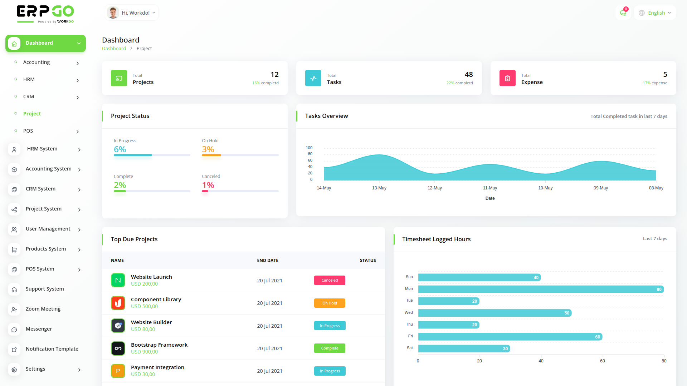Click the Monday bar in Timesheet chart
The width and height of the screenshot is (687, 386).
[540, 289]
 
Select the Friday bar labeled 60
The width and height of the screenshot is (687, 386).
[510, 337]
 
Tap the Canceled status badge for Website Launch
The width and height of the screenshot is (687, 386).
[330, 281]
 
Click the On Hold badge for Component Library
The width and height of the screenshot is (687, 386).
[330, 303]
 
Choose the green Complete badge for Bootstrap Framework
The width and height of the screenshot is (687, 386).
[330, 348]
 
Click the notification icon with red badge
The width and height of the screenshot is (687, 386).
[623, 13]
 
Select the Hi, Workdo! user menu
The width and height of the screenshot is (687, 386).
[132, 13]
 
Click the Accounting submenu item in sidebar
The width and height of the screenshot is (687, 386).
[36, 62]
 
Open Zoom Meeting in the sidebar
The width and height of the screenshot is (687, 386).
[43, 309]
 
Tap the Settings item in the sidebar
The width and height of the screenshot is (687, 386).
[35, 369]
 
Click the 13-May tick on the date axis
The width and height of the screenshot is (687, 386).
[379, 188]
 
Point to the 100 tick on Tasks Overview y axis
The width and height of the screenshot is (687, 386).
[309, 148]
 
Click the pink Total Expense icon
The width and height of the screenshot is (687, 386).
[507, 78]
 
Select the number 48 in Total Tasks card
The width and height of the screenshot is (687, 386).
[469, 74]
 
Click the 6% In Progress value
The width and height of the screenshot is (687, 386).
[120, 149]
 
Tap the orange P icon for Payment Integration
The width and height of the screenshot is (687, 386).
[118, 371]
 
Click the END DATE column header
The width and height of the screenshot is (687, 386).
[268, 261]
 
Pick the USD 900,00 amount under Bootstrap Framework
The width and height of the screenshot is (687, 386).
[144, 352]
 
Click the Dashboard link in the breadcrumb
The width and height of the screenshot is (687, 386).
[114, 49]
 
